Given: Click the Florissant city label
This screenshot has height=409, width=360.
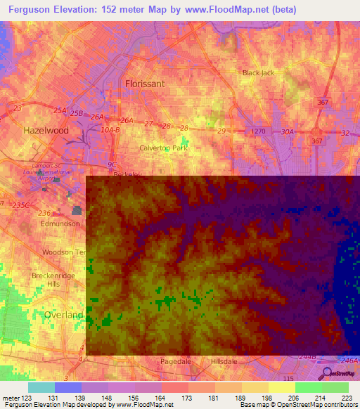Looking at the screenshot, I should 145,83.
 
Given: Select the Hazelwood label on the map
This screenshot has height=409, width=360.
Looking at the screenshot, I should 46,131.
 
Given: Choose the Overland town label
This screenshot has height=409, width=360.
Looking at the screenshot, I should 63,314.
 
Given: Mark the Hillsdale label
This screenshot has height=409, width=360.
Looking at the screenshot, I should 226,361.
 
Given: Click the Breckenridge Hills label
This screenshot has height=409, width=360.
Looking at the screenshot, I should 52,280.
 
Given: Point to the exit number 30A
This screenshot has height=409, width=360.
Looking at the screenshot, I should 287,131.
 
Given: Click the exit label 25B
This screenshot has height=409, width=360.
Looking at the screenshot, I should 76,113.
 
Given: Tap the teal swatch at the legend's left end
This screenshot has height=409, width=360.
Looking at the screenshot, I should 41,387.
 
